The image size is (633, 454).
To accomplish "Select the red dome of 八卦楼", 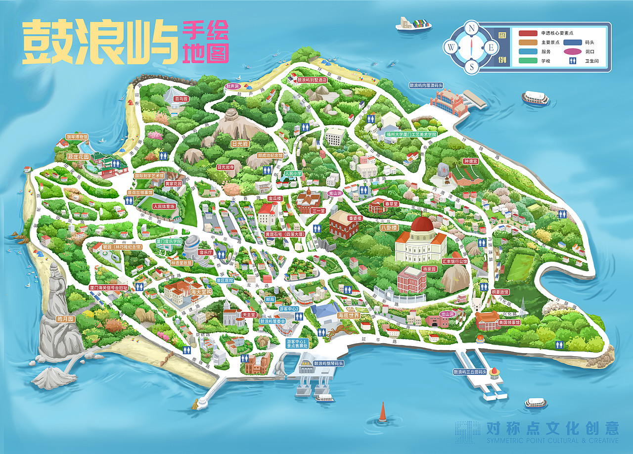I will click(422, 226).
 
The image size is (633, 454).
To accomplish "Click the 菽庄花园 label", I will click(78, 157).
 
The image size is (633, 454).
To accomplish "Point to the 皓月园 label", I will click(65, 319).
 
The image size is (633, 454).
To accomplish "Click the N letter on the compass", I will click(472, 28).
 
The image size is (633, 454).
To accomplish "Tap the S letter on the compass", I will click(472, 67).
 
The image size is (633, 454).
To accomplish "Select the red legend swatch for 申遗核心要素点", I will click(528, 33).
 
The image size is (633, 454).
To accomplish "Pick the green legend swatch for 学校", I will click(528, 61).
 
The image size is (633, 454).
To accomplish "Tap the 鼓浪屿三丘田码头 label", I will click(470, 371).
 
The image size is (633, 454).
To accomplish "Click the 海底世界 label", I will click(348, 316).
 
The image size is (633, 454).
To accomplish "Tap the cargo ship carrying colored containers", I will click(413, 24).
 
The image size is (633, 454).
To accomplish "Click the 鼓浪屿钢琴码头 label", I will click(328, 363).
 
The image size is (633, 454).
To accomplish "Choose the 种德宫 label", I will click(470, 161).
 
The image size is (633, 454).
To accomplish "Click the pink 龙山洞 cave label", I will click(447, 314).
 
